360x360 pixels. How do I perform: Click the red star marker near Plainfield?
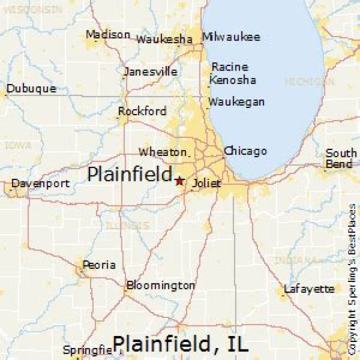tap(179, 180)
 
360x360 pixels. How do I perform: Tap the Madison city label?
tap(107, 35)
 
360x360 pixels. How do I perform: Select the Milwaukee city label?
tap(231, 37)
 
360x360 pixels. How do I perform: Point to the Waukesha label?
tap(164, 39)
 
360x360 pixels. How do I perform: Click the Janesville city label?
tap(150, 71)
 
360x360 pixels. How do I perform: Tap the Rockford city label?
tap(142, 111)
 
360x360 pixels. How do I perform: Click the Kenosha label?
tap(232, 80)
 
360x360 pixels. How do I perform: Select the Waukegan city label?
tap(236, 102)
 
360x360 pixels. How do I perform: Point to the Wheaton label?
tap(163, 151)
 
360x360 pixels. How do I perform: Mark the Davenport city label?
tap(40, 183)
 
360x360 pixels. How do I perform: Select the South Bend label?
tap(341, 158)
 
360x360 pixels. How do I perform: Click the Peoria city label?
tap(99, 264)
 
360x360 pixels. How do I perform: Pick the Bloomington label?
tap(160, 286)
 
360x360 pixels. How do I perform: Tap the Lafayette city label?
tap(309, 289)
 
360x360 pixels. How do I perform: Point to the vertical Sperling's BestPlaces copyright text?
tap(352, 280)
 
